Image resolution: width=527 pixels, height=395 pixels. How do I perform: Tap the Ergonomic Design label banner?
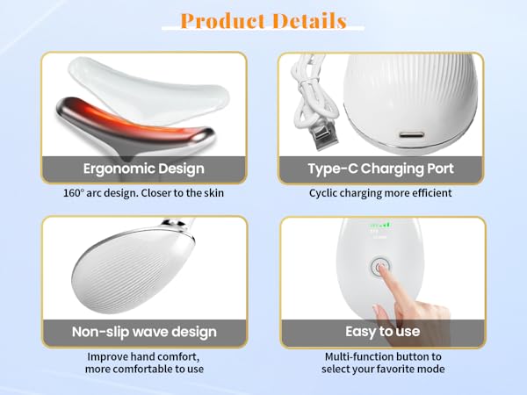pyautogui.click(x=143, y=169)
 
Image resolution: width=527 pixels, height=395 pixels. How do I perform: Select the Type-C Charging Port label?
pyautogui.click(x=382, y=169)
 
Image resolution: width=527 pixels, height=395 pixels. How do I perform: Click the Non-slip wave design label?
pyautogui.click(x=143, y=332)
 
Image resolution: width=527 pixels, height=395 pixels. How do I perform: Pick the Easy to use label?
pyautogui.click(x=382, y=332)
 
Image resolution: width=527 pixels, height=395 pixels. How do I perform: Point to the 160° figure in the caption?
pyautogui.click(x=75, y=192)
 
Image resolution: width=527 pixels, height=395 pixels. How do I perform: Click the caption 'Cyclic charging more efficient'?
pyautogui.click(x=380, y=192)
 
